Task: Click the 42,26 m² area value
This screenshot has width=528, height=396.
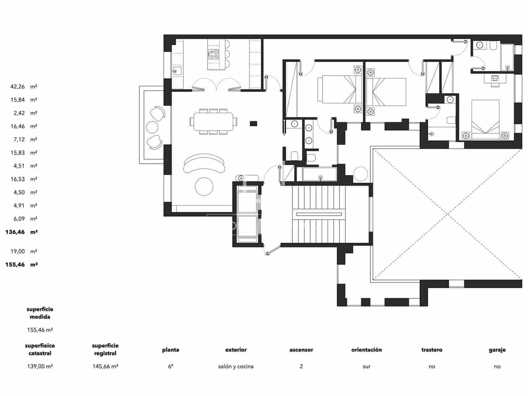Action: tap(23, 87)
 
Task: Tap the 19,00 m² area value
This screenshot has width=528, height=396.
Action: tap(23, 251)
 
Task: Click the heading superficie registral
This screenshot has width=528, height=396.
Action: tap(105, 349)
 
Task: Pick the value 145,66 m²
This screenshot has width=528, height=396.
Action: tap(105, 366)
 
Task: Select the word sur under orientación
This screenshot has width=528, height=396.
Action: tap(366, 366)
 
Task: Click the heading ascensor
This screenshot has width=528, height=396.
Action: tap(301, 350)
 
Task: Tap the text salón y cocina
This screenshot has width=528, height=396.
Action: tap(236, 366)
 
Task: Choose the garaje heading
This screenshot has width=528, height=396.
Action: tap(497, 350)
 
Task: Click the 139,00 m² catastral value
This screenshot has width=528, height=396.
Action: tap(40, 366)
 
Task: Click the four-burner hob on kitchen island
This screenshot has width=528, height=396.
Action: tap(213, 54)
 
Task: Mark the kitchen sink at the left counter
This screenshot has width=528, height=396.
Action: tap(177, 71)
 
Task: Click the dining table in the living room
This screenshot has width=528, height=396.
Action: tap(213, 122)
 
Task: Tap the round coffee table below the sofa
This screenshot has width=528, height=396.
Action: tap(204, 186)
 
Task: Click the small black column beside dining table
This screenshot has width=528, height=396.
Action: tap(253, 123)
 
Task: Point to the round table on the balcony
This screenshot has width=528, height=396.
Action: tap(152, 127)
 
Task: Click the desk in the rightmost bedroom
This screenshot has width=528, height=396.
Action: tap(495, 79)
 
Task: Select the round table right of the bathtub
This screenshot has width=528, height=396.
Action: tap(360, 174)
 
